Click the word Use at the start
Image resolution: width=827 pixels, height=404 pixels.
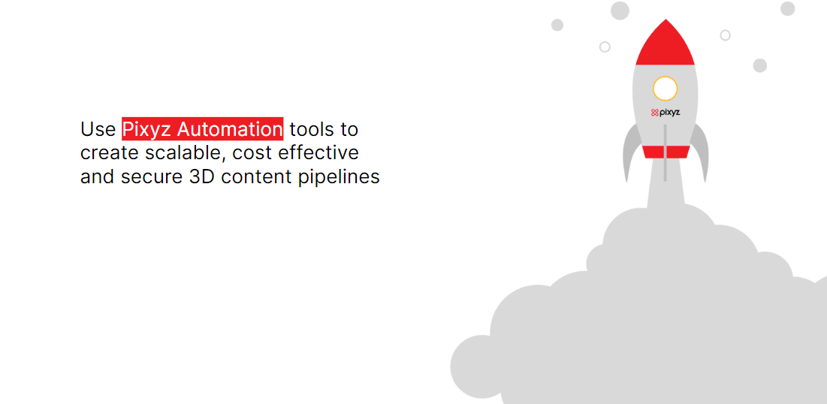[x=98, y=129]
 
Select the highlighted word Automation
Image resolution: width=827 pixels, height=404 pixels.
[x=229, y=129]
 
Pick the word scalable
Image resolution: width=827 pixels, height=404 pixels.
[x=180, y=153]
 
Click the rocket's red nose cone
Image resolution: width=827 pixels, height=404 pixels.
[x=665, y=45]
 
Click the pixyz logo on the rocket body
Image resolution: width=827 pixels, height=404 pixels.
[x=665, y=113]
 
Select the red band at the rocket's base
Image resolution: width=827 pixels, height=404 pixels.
[x=666, y=152]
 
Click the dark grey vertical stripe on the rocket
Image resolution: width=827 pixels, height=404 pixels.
[x=665, y=153]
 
